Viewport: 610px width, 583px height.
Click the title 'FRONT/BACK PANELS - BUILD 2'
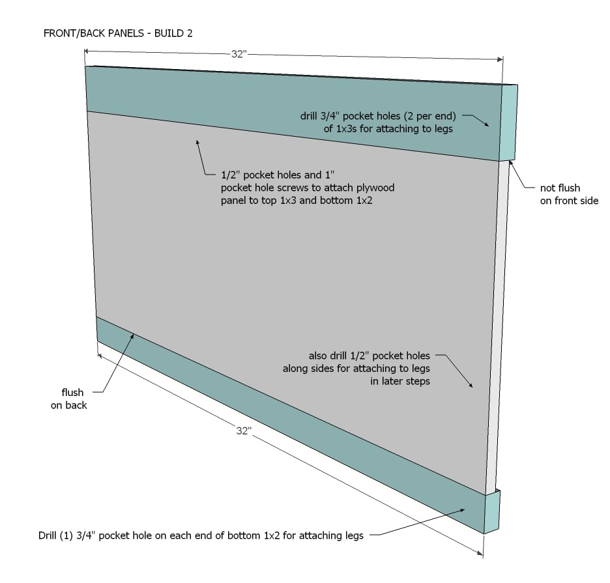point(118,33)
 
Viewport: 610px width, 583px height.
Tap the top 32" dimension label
point(239,54)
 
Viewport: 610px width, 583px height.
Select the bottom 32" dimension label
point(244,431)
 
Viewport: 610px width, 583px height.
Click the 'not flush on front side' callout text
point(569,194)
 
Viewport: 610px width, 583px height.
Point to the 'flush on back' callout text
point(69,399)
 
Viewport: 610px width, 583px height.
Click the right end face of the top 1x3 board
point(509,122)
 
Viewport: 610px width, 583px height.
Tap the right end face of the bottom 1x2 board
point(492,511)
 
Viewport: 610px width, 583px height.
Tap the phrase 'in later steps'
point(400,381)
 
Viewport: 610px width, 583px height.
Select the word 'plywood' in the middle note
point(375,188)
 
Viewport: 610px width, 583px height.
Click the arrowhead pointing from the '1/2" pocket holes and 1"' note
point(198,143)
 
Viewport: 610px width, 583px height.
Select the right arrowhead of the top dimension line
point(500,59)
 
